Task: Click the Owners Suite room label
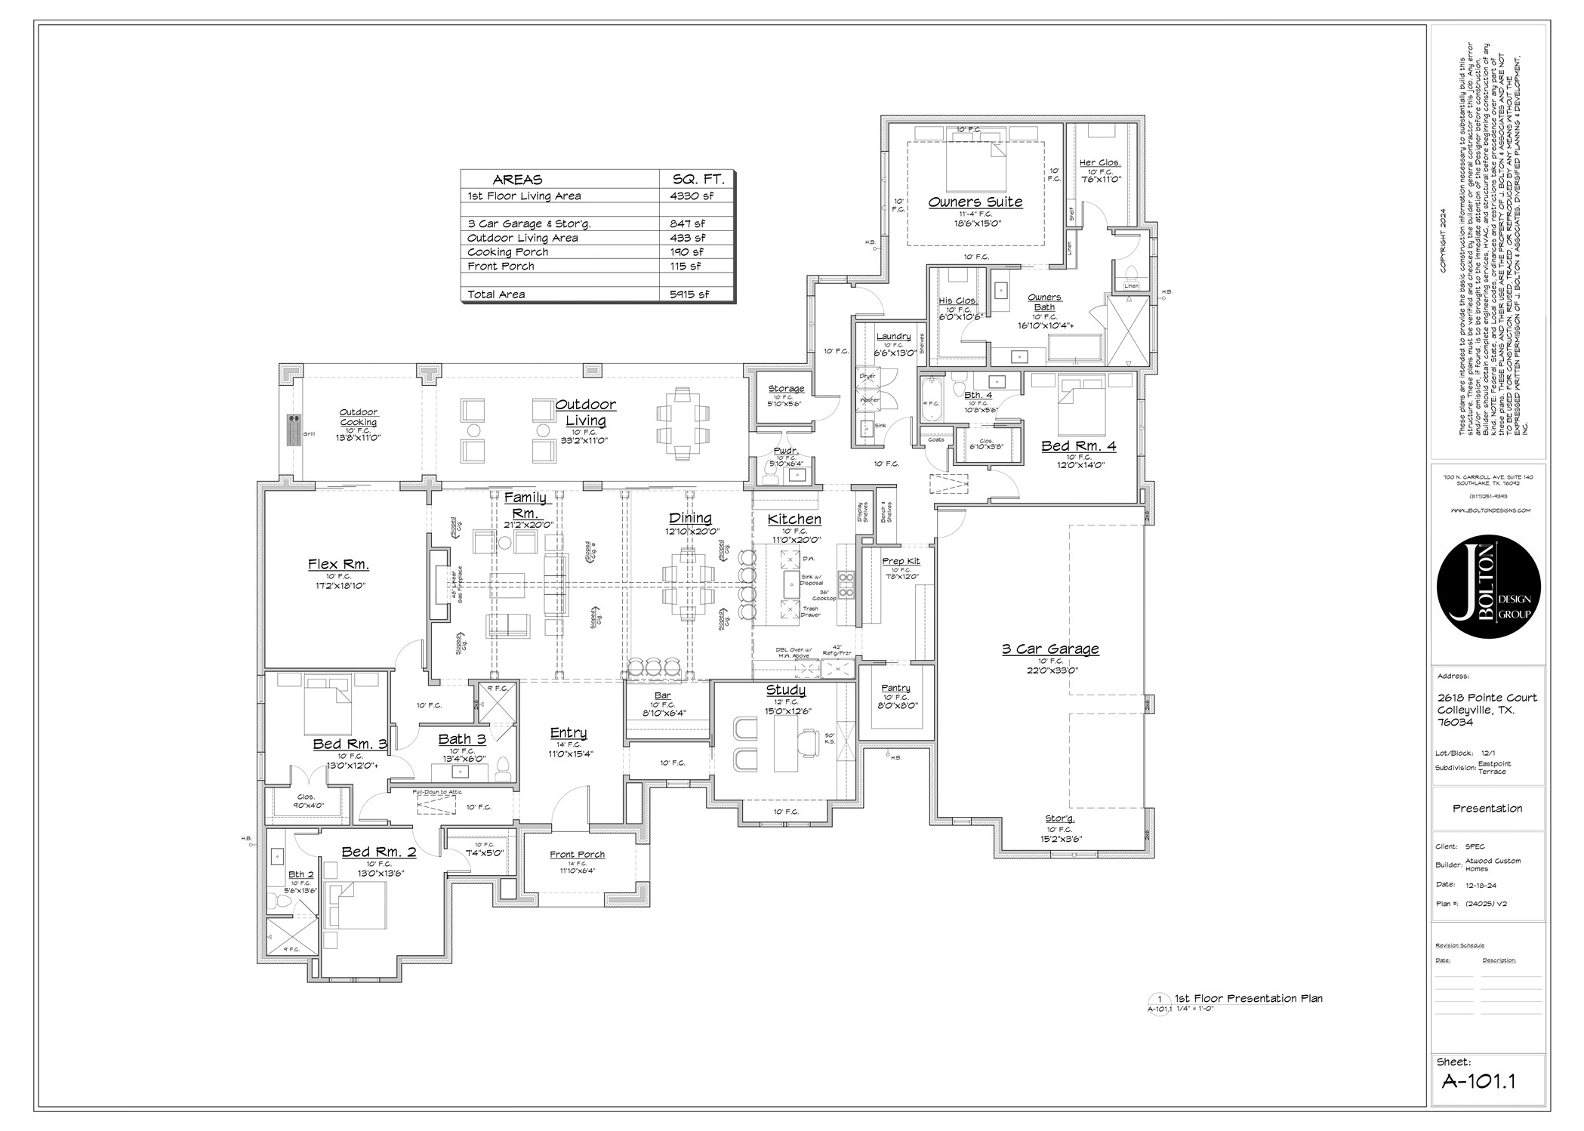tap(975, 202)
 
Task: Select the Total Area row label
tap(496, 294)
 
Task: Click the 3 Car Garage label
tap(1049, 649)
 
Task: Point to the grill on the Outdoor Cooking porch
tap(294, 430)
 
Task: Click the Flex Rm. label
tap(338, 564)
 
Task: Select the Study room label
tap(785, 690)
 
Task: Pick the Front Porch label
tap(577, 855)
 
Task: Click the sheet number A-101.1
tap(1478, 1081)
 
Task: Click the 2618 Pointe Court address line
tap(1487, 698)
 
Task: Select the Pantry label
tap(895, 688)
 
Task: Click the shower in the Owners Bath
tap(1126, 329)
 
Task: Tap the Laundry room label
tap(893, 337)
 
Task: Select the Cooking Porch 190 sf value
tap(686, 252)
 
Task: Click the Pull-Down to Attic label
tap(436, 792)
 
